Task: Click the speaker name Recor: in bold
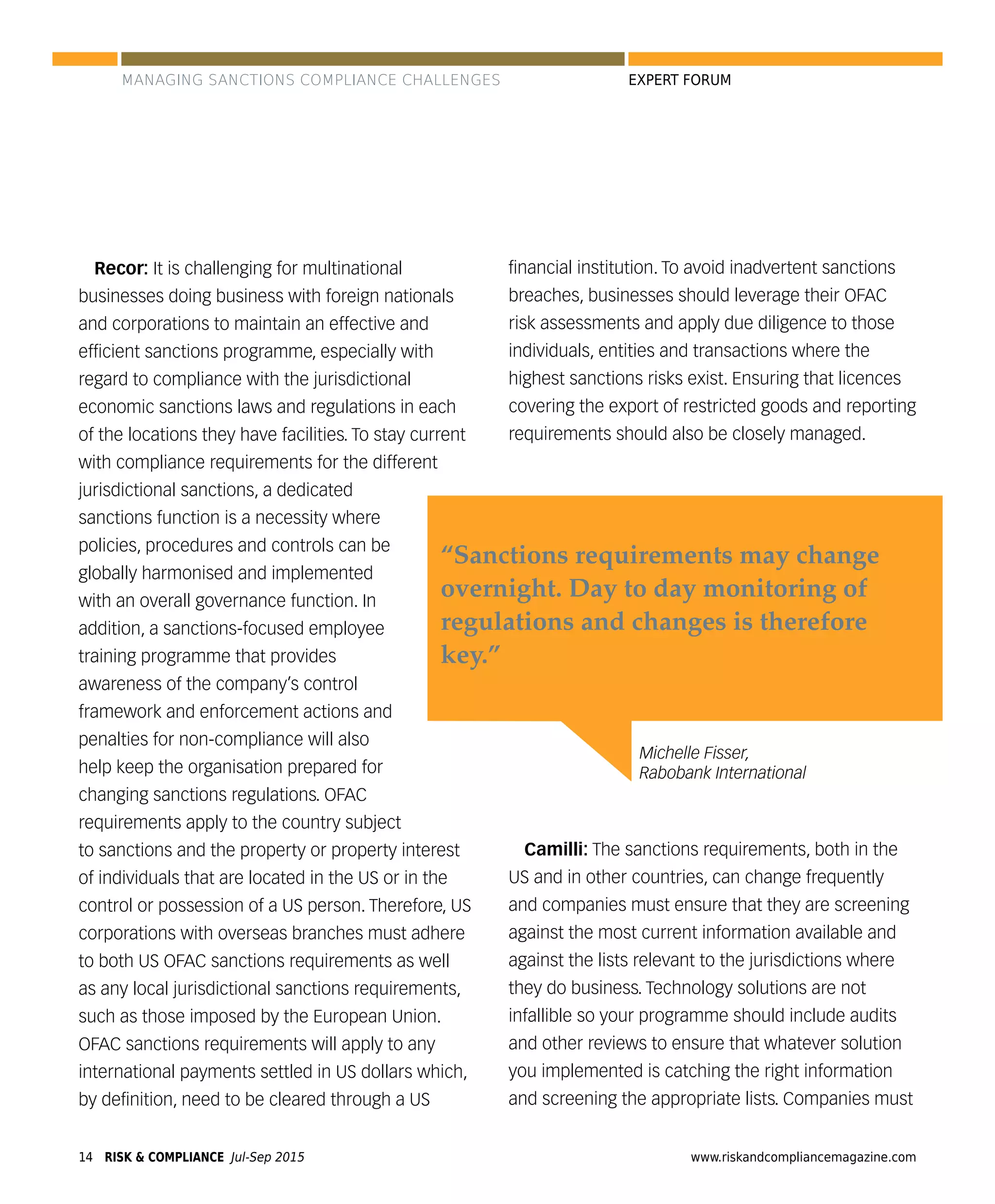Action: [x=121, y=268]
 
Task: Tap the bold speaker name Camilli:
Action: [x=555, y=848]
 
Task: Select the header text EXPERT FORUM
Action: [x=679, y=80]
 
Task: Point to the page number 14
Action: [x=86, y=1156]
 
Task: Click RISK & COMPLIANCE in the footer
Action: [x=164, y=1156]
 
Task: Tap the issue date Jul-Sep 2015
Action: [x=267, y=1156]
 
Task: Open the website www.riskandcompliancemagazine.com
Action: [x=803, y=1156]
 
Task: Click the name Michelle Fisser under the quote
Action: [x=693, y=752]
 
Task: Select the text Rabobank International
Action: [x=722, y=773]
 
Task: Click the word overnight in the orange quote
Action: [x=500, y=589]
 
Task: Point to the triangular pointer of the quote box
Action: [x=608, y=745]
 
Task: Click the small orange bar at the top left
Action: [x=85, y=59]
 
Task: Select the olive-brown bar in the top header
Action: [x=373, y=59]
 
